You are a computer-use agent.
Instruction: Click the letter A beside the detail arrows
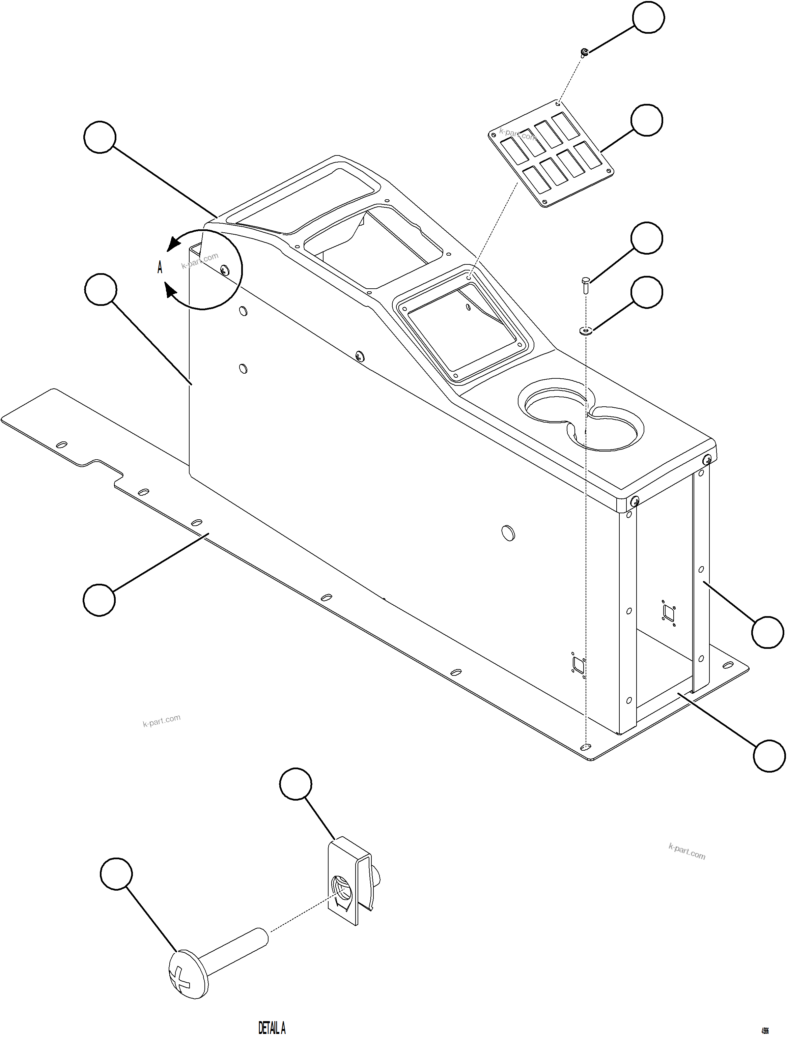pos(160,268)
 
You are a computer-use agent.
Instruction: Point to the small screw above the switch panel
pos(584,52)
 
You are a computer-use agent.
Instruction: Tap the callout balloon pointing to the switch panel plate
pos(647,121)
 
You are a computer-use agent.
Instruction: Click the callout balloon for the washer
pos(647,292)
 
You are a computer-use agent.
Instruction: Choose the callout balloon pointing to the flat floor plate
pos(99,600)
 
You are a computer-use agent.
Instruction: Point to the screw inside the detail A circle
pos(225,269)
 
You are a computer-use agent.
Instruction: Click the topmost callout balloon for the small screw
pos(648,18)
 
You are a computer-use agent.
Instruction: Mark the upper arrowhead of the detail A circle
pos(175,242)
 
